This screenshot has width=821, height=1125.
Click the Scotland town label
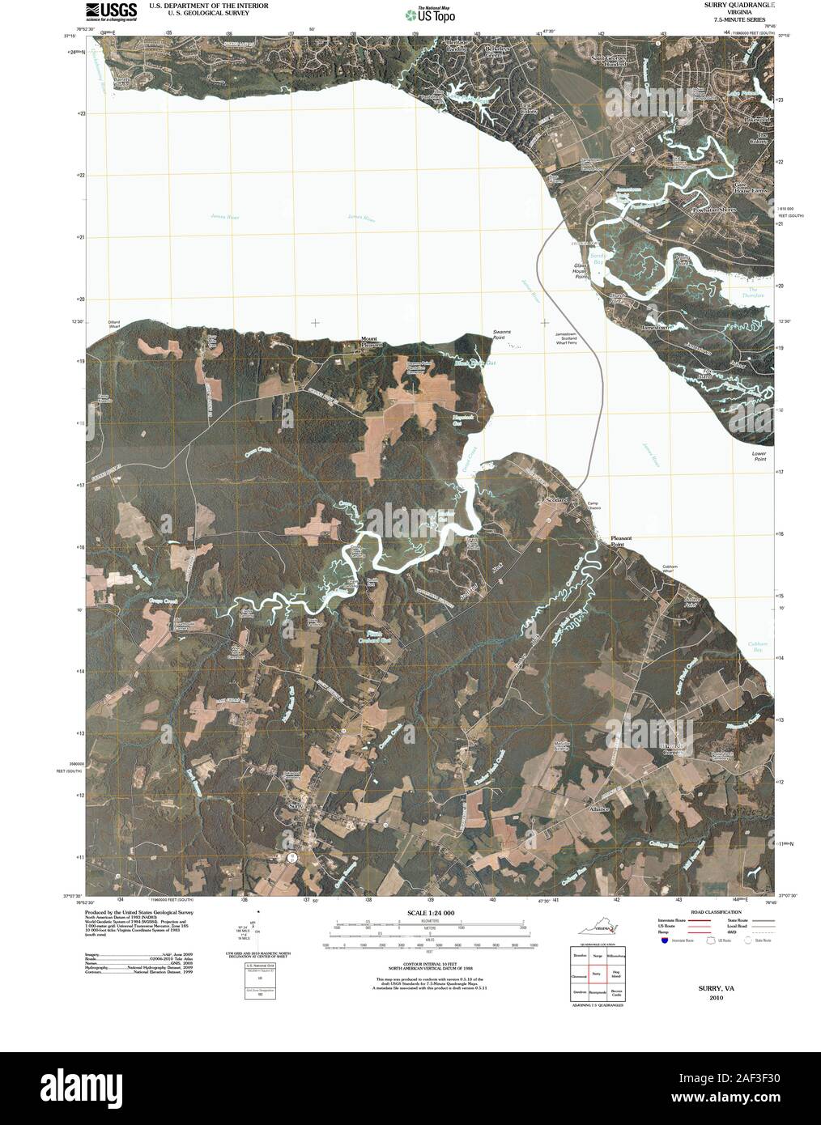pyautogui.click(x=557, y=500)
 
